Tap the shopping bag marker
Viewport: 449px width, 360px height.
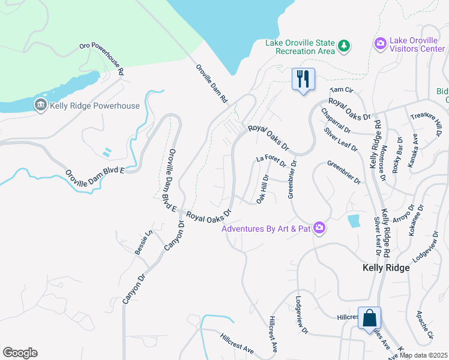pyautogui.click(x=370, y=317)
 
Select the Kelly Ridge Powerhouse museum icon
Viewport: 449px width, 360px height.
pyautogui.click(x=40, y=106)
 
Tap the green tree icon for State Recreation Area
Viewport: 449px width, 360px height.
pyautogui.click(x=343, y=46)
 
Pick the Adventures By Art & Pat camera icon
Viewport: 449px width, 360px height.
pyautogui.click(x=319, y=228)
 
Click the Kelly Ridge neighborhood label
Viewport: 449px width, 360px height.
pyautogui.click(x=386, y=268)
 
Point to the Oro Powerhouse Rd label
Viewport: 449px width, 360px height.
pyautogui.click(x=102, y=59)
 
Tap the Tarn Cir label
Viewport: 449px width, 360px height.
pyautogui.click(x=339, y=90)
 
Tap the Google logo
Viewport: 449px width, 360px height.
pyautogui.click(x=20, y=353)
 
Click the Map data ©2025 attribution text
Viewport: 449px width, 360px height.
pyautogui.click(x=423, y=355)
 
